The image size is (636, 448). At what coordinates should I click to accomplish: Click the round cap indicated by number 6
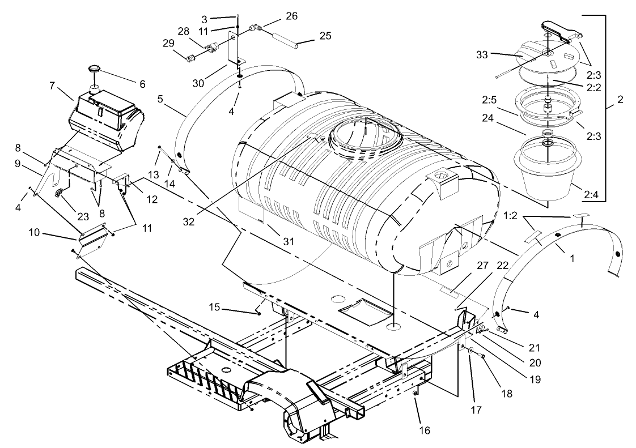pyautogui.click(x=94, y=70)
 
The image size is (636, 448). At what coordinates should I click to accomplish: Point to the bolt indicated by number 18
pyautogui.click(x=482, y=356)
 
